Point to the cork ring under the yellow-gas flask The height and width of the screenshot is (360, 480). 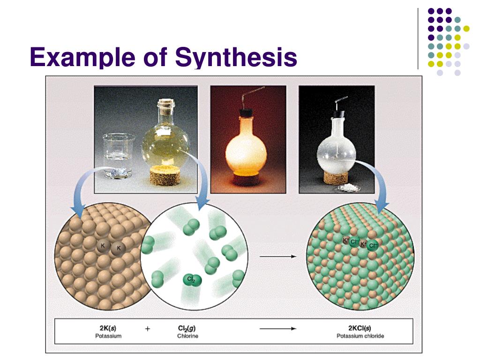(165, 179)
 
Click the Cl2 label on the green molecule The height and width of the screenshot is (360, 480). (191, 279)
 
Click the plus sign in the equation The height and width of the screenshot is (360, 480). (148, 329)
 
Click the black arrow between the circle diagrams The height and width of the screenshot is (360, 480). (277, 256)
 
